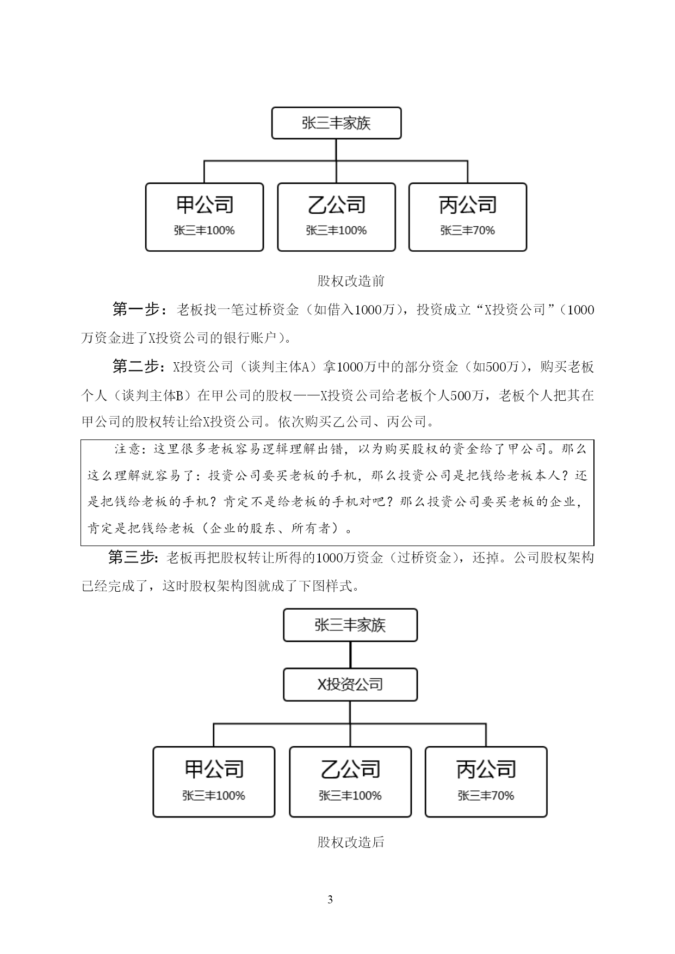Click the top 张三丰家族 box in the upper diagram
336,123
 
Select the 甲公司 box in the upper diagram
205,217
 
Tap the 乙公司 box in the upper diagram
336,217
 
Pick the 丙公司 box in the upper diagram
468,217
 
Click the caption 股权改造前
351,281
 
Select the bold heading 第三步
132,557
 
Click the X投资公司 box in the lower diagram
350,684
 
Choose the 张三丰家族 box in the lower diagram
350,625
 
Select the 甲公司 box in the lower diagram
214,782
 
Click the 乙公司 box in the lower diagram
350,782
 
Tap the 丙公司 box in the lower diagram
486,782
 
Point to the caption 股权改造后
351,843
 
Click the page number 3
330,900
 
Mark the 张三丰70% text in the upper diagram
468,231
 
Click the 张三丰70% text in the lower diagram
486,796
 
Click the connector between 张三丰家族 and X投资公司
350,655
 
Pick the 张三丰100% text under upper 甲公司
205,231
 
